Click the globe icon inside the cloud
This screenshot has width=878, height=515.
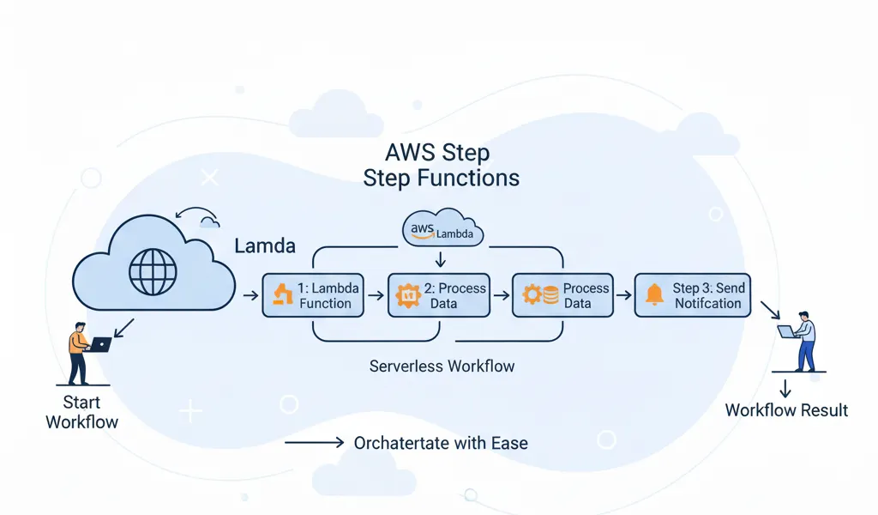click(153, 273)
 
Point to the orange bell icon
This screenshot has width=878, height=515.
click(655, 295)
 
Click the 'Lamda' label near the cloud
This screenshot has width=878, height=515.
click(265, 246)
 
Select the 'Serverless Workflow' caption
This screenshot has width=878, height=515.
click(442, 367)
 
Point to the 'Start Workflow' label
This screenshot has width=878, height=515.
click(81, 412)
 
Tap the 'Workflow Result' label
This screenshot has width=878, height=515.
click(786, 410)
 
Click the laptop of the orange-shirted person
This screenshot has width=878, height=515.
click(100, 344)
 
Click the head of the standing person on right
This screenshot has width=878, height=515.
click(803, 318)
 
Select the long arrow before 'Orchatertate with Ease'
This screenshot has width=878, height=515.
click(313, 443)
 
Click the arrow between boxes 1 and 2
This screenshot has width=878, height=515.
click(375, 296)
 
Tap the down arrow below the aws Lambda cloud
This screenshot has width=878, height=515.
click(440, 259)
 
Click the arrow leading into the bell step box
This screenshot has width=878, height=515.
click(624, 296)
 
